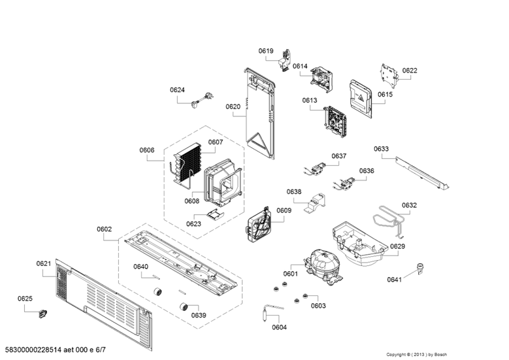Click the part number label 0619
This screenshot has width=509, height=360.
coord(265,51)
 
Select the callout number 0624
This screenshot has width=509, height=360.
coord(177,90)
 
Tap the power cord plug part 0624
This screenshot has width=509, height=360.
coord(199,101)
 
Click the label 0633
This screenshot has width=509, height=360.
coord(381,149)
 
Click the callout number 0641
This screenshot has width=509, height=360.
coord(394,280)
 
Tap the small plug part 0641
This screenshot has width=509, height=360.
coord(419,267)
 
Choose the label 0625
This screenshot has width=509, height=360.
coord(24,299)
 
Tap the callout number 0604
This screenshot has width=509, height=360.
coord(279,327)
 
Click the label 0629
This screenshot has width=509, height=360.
coord(397,246)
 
